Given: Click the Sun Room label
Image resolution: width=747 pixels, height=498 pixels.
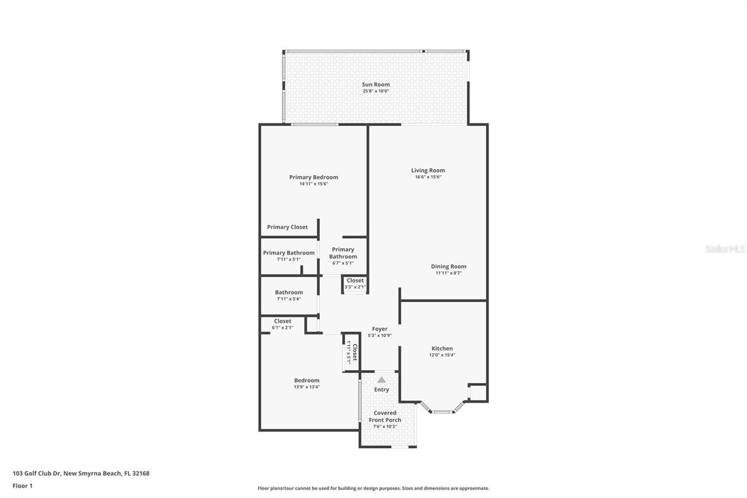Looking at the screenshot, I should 375,85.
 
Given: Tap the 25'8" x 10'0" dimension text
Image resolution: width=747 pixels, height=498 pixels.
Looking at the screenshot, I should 375,91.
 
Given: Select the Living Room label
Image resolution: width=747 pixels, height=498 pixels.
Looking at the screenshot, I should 428,170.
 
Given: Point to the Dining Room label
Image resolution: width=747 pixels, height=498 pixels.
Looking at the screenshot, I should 448,266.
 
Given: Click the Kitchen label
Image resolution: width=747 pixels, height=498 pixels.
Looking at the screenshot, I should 442,349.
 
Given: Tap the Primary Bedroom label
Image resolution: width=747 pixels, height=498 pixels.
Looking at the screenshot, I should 313,177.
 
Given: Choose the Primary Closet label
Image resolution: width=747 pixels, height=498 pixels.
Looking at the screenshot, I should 287,227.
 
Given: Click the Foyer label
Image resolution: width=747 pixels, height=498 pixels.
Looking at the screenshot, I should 379,329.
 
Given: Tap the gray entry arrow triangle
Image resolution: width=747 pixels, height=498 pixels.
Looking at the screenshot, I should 381,379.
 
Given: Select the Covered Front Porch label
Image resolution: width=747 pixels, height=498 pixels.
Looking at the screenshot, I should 385,416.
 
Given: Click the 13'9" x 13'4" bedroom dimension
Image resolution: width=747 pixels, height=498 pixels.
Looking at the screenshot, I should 306,386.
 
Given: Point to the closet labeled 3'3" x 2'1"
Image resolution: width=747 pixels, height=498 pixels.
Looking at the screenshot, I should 355,284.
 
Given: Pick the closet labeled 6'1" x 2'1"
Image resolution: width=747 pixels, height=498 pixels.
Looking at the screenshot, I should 282,324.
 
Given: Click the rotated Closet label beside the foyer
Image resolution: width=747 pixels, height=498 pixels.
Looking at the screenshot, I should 352,353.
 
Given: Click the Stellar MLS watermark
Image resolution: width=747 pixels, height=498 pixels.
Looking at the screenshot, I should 725,249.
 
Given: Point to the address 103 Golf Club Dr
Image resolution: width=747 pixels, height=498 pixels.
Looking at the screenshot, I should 81,473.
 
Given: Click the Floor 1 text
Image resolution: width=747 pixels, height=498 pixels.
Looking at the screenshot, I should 23,486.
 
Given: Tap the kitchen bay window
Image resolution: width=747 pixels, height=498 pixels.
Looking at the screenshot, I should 442,411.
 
